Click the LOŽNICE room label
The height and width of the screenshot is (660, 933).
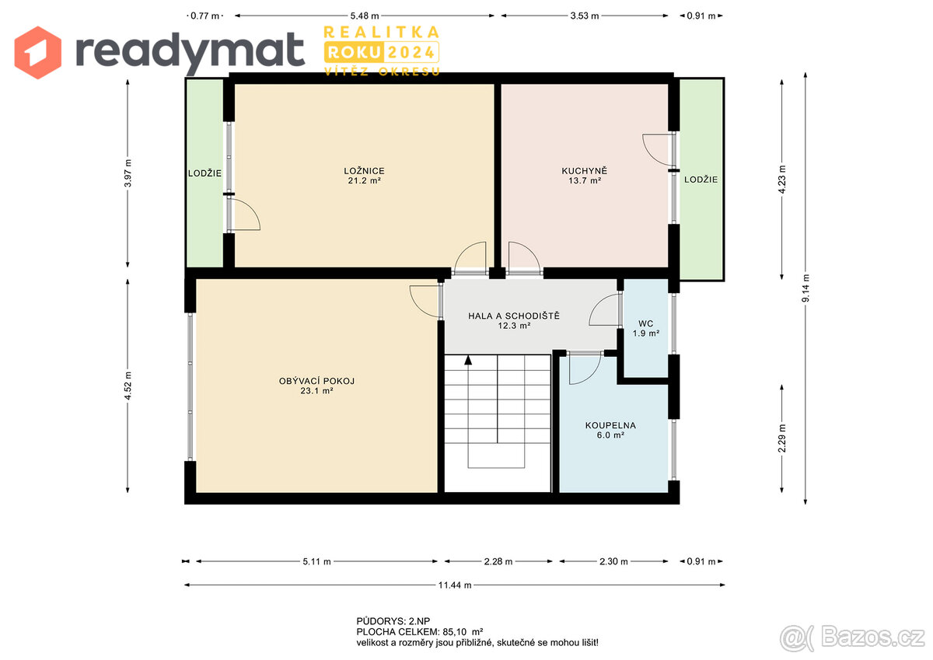tap(364, 171)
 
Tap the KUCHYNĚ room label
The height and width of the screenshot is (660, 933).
tap(584, 171)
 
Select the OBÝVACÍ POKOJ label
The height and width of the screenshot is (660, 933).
tap(316, 381)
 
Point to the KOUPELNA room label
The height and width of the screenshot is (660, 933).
tap(610, 425)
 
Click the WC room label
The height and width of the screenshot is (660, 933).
tap(646, 323)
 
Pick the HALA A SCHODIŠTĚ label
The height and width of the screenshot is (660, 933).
tap(514, 316)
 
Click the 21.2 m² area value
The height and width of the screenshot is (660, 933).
tap(364, 180)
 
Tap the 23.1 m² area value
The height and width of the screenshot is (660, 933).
tap(316, 391)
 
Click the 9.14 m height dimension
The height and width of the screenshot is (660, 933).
tap(806, 288)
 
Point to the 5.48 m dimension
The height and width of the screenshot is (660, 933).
tap(364, 15)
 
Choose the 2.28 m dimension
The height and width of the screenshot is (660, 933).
tap(498, 560)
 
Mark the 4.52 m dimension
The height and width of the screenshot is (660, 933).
tap(128, 386)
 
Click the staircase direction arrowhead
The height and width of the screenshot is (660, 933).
tap(468, 359)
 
